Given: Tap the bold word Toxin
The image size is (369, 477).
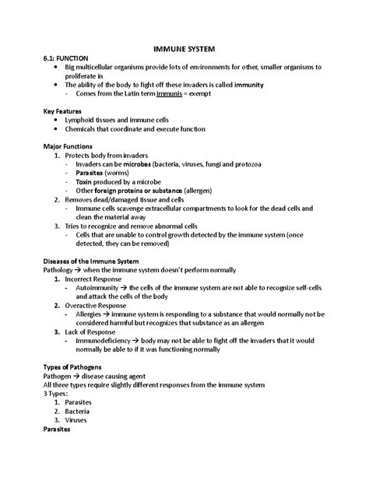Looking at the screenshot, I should [x=86, y=181].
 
